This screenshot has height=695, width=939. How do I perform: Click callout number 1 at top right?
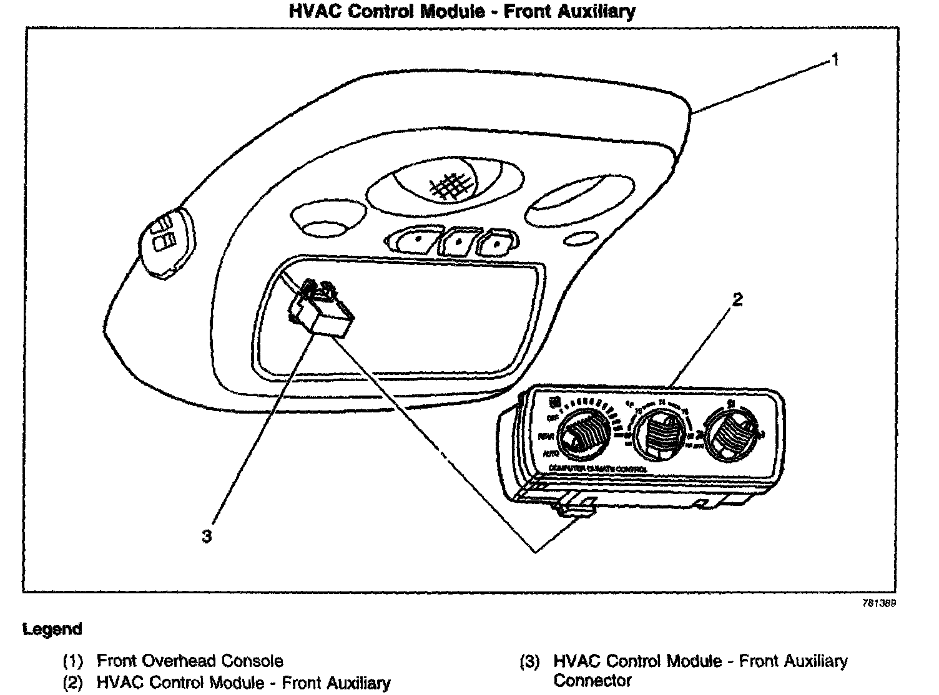pos(835,61)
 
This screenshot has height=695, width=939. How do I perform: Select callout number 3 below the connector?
pos(207,536)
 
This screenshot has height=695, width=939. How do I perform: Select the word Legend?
pos(52,629)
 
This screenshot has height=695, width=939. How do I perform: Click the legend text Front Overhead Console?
pos(190,661)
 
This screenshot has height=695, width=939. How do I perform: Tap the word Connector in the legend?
pos(592,680)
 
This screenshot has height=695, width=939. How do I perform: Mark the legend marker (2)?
pos(73,683)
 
